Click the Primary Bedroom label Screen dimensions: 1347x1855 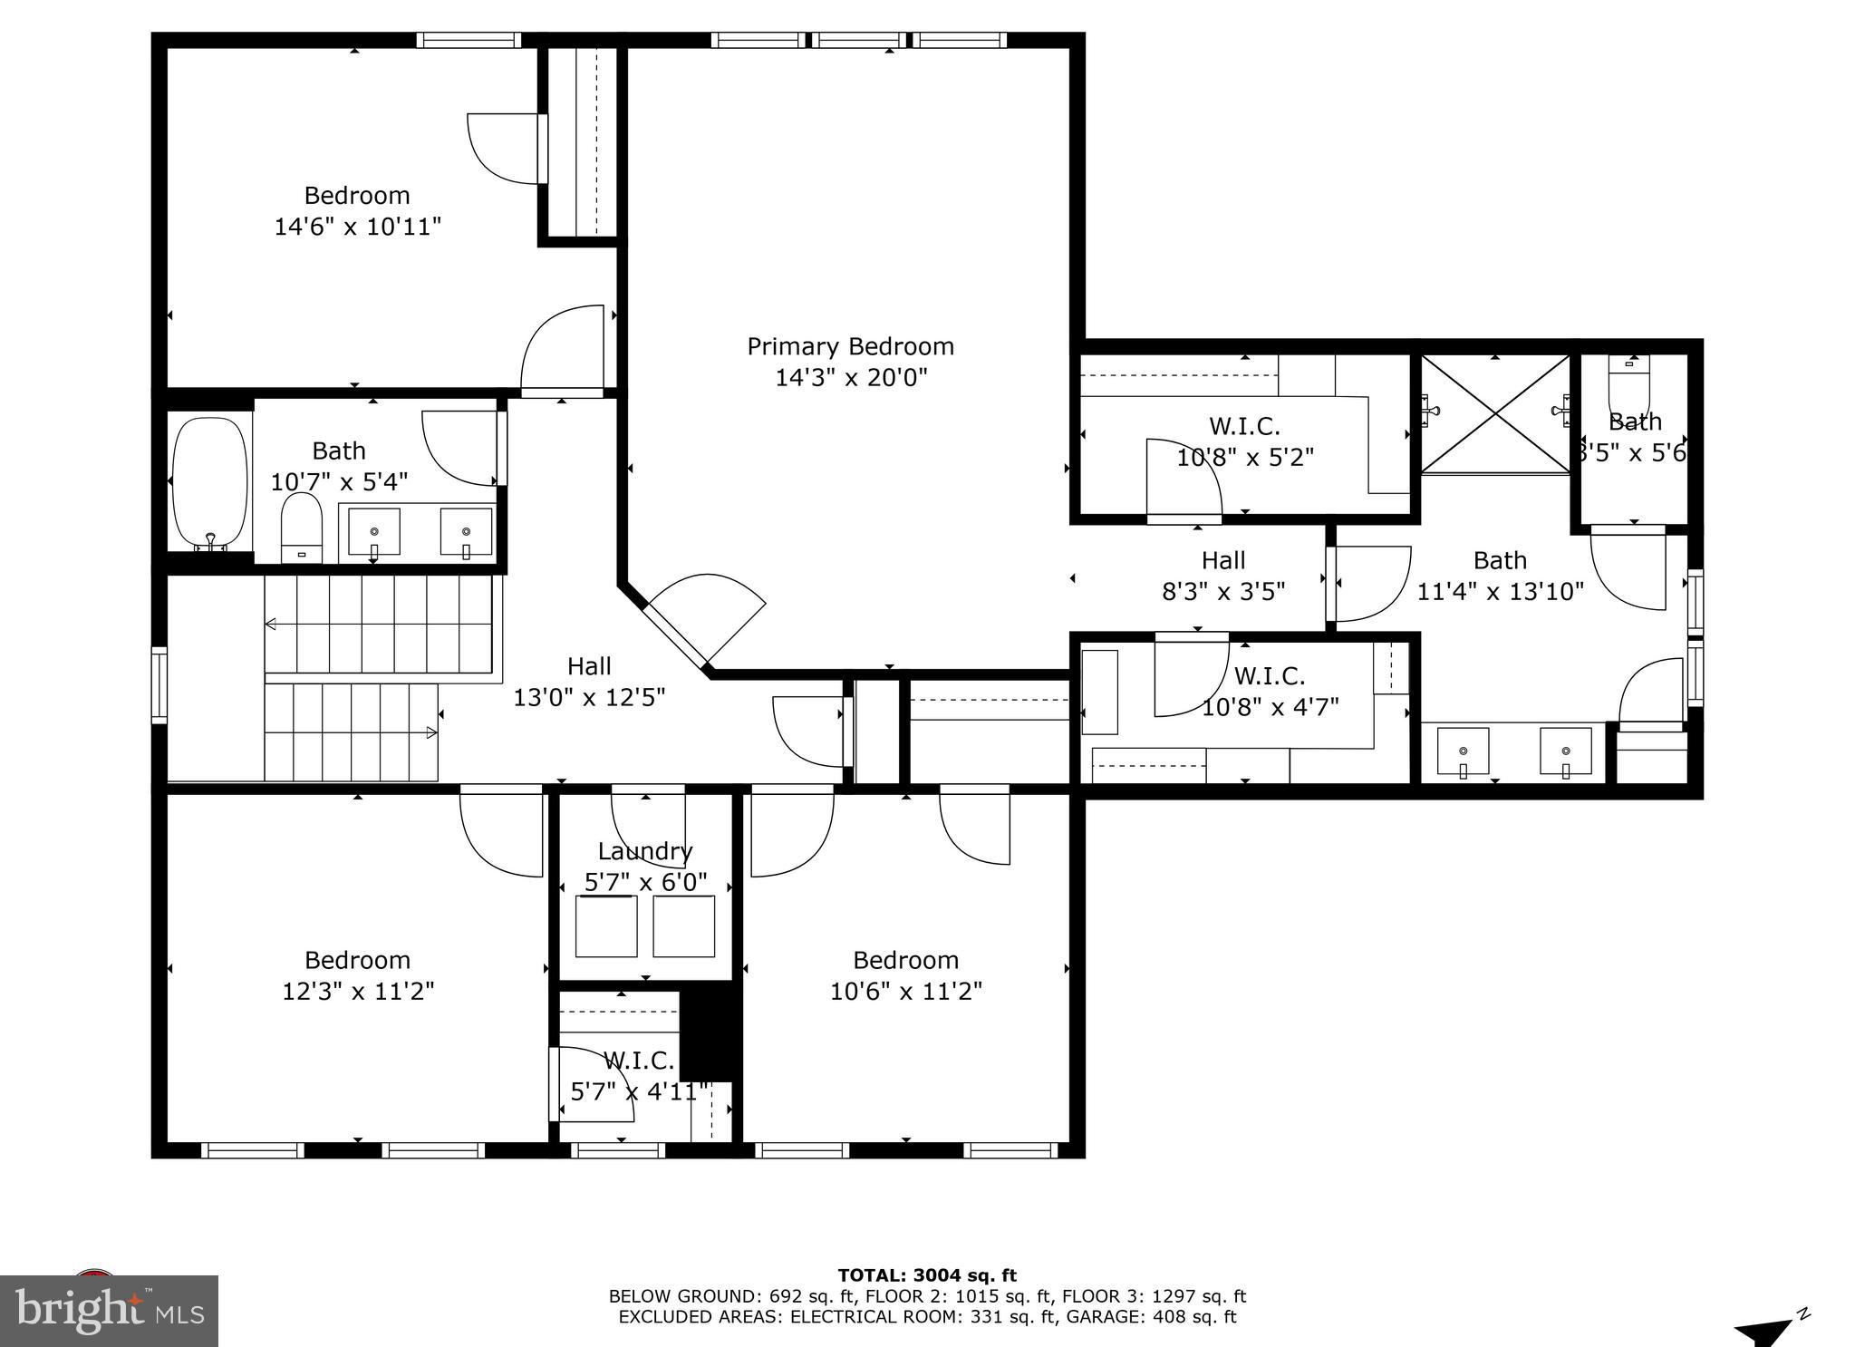click(x=850, y=346)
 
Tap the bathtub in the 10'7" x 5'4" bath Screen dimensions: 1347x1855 click(x=209, y=484)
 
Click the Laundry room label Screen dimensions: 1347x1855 click(x=644, y=851)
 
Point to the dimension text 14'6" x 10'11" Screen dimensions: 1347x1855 click(x=357, y=227)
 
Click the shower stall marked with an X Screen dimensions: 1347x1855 click(x=1494, y=413)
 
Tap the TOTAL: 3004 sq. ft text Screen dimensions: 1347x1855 click(x=926, y=1275)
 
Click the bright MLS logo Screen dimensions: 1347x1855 click(x=109, y=1311)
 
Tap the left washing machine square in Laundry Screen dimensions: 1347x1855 click(x=606, y=925)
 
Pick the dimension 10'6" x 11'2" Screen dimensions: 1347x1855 click(x=905, y=991)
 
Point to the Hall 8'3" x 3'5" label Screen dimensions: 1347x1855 click(x=1223, y=576)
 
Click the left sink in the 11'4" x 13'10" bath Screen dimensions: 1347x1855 click(x=1463, y=751)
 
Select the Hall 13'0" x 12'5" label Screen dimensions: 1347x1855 click(x=589, y=682)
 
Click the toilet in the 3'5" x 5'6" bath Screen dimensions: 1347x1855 click(x=1629, y=383)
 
